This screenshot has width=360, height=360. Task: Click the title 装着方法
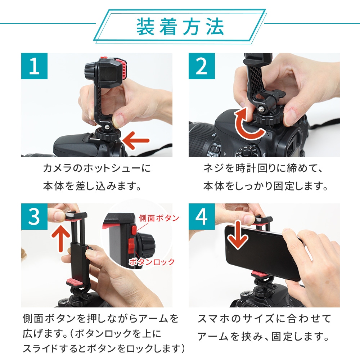click(180, 27)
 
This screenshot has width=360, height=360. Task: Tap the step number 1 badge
click(34, 66)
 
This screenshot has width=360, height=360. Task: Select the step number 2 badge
click(202, 66)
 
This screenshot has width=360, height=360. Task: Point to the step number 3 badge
click(34, 216)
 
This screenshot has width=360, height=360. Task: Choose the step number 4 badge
click(202, 216)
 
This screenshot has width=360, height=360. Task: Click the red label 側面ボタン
click(159, 218)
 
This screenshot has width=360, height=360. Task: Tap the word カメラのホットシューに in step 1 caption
click(96, 168)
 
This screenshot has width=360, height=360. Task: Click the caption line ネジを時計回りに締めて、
click(264, 168)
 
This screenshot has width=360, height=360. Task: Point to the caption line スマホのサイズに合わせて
click(264, 319)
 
